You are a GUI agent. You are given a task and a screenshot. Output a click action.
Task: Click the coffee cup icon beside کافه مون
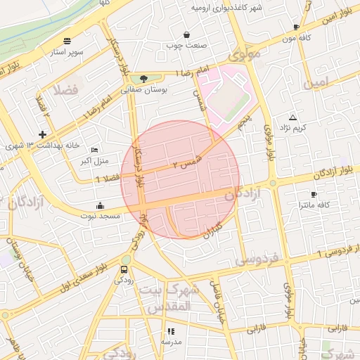pos(296,27)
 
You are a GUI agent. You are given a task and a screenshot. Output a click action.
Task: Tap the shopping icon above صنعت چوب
pos(186,34)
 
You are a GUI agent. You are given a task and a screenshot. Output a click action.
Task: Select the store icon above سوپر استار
pos(67,41)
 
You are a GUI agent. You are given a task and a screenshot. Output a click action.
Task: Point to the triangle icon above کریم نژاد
pos(292,117)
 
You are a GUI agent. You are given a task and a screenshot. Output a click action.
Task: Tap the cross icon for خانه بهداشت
pos(43,134)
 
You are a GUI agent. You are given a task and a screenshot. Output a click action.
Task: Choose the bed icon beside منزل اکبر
pos(95,150)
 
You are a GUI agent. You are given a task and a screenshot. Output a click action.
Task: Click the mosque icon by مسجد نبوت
pos(100,206)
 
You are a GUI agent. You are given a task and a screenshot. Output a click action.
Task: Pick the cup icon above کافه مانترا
pos(314,193)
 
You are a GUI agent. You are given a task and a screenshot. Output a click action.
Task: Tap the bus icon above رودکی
pos(124,269)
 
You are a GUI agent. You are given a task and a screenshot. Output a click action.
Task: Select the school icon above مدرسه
pos(169,330)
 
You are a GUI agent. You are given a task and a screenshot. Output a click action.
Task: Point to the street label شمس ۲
pos(186,164)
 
